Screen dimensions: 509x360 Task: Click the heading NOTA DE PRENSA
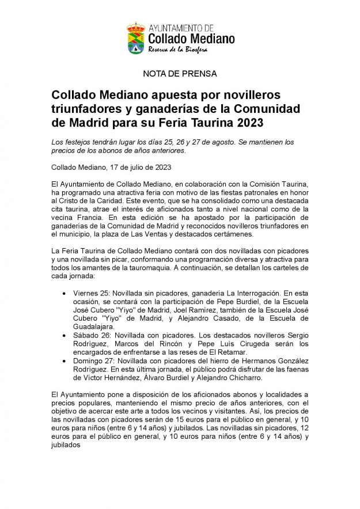(x=180, y=74)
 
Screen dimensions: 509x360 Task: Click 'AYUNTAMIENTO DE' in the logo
(x=181, y=28)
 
